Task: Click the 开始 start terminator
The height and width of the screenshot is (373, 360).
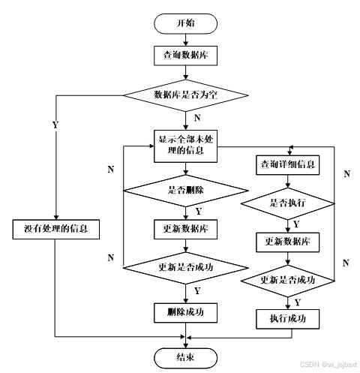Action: coord(185,23)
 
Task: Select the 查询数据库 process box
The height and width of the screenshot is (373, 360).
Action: coord(185,55)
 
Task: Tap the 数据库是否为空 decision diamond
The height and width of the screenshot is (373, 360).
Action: coord(185,95)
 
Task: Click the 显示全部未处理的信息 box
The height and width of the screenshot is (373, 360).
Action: coord(185,146)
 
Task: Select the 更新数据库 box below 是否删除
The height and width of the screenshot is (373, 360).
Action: coord(185,228)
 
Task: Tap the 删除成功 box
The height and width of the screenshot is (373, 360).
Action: coord(185,310)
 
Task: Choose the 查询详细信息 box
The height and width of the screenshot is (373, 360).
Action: coord(287,164)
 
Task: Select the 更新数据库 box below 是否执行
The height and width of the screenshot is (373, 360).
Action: coord(287,242)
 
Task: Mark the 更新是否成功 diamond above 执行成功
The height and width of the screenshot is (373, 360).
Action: coord(287,280)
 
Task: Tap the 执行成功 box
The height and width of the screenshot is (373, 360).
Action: coord(287,319)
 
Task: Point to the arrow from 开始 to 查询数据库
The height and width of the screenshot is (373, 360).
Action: coord(185,39)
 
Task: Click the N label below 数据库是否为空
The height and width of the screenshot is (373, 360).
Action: coord(197,118)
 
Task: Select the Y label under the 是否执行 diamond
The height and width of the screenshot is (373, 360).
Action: coord(296,224)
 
